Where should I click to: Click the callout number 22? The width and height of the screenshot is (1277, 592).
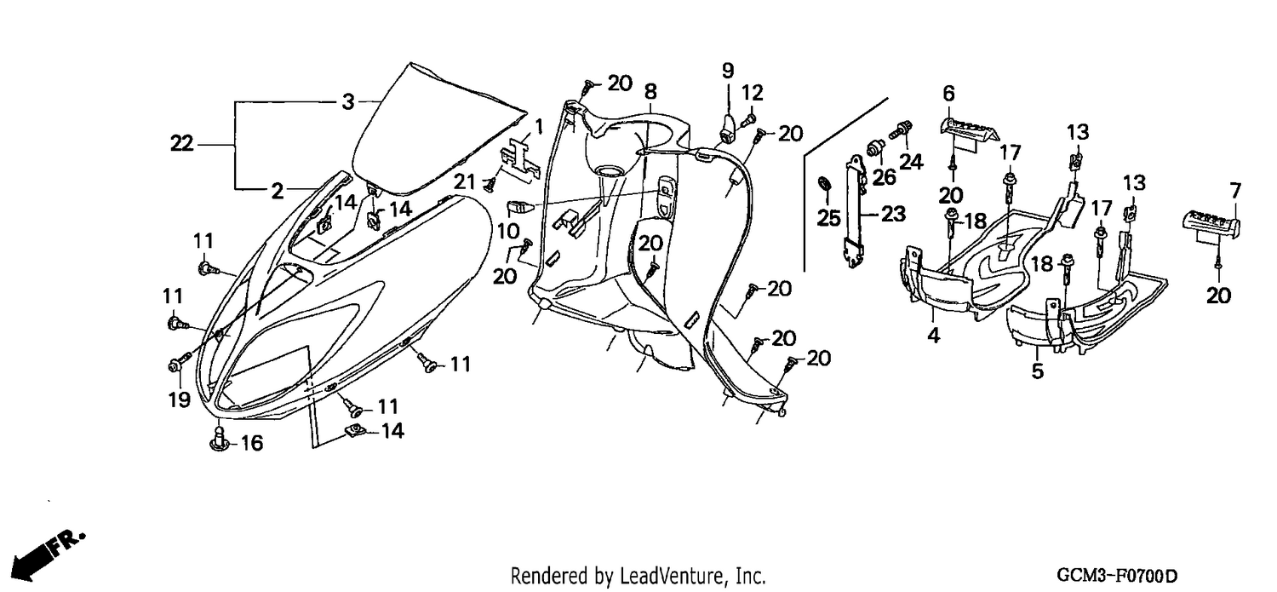point(182,143)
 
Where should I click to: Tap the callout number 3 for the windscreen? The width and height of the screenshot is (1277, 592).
point(347,102)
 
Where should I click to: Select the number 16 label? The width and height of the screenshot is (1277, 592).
point(251,443)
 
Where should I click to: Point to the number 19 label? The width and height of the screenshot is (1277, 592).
point(179,399)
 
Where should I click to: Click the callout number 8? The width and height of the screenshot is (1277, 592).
point(650,90)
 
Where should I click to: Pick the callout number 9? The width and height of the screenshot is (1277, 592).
point(728,71)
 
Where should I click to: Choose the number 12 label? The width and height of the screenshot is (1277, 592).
point(752,92)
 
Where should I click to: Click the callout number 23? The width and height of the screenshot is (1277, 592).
point(893,214)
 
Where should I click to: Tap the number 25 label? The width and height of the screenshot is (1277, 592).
point(829,217)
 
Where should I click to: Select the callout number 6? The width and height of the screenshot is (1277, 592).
point(948,93)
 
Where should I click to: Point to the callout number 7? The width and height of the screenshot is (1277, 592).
point(1235,190)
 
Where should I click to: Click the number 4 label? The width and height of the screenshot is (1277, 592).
point(933,336)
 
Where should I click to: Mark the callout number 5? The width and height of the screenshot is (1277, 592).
point(1038,371)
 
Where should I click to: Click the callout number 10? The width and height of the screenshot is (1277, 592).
point(508,231)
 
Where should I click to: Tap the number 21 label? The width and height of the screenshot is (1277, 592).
point(465,182)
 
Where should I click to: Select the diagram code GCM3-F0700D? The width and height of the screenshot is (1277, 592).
point(1117,576)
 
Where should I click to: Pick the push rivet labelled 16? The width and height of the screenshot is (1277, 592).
point(220,439)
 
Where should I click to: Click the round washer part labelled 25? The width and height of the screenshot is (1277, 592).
point(824,184)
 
